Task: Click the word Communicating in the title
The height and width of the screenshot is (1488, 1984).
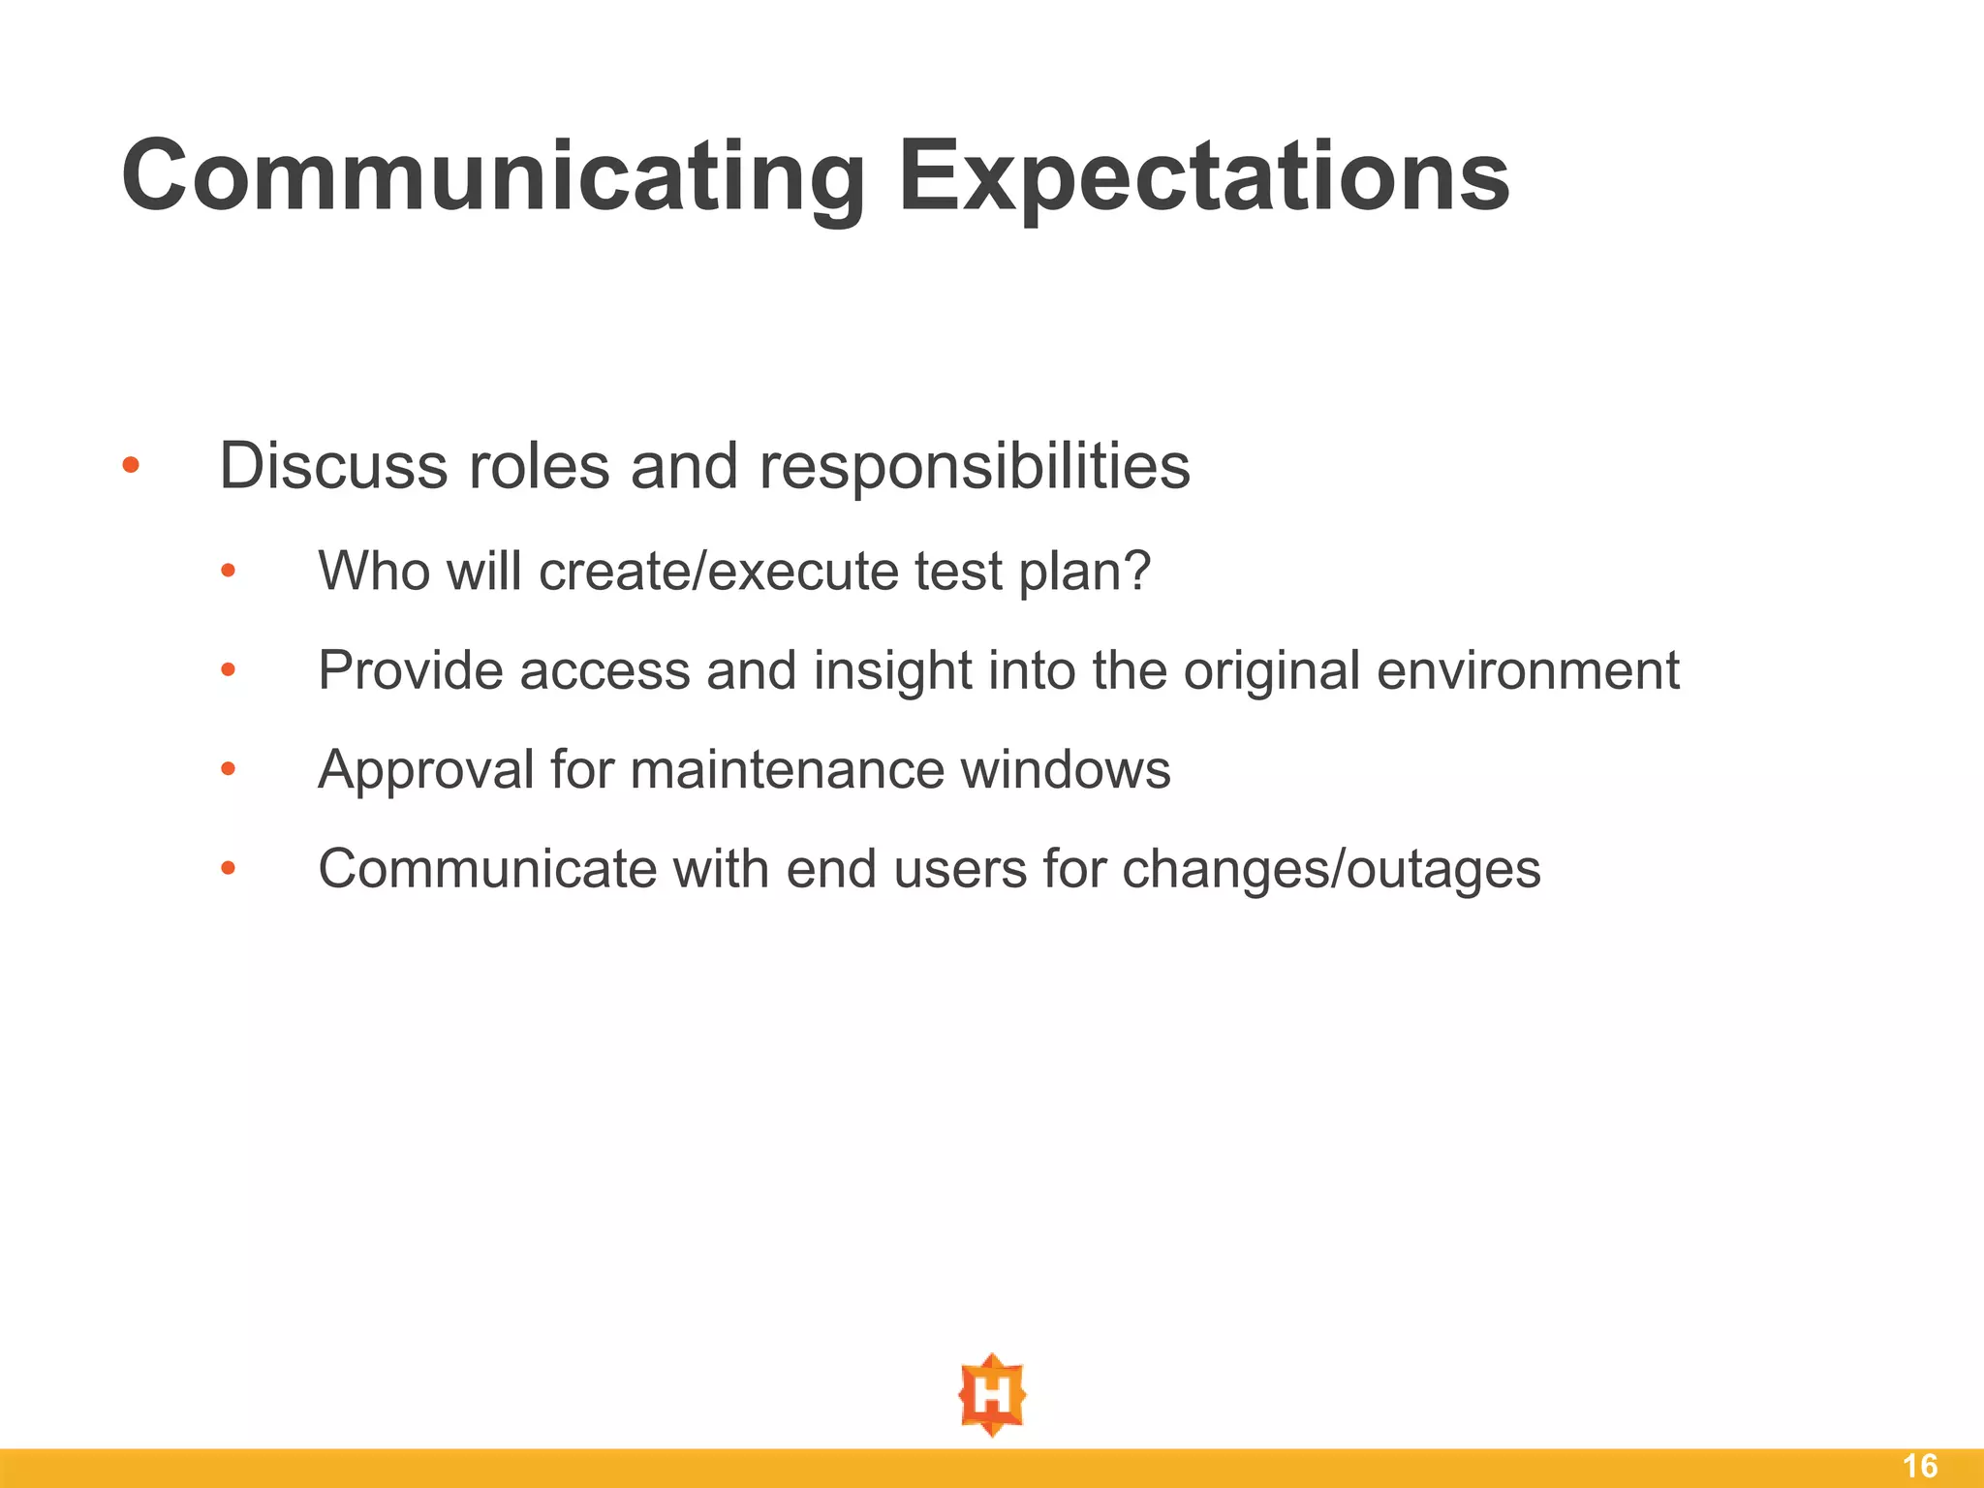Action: [x=492, y=176]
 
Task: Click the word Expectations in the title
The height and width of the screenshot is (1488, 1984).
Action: [x=1203, y=176]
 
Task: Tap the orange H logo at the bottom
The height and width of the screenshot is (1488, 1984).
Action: [x=992, y=1395]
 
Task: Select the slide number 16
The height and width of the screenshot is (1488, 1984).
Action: [x=1920, y=1466]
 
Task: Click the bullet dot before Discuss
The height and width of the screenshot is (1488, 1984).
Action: [x=131, y=467]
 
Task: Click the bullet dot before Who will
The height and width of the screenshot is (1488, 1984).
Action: [x=228, y=572]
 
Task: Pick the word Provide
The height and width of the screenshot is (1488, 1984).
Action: [x=410, y=670]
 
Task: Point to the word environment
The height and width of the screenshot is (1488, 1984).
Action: [x=1528, y=670]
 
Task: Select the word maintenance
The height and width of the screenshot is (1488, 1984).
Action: [x=787, y=771]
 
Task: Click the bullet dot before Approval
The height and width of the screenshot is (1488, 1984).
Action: [x=228, y=770]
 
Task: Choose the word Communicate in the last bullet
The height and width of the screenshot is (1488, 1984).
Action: [x=487, y=869]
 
